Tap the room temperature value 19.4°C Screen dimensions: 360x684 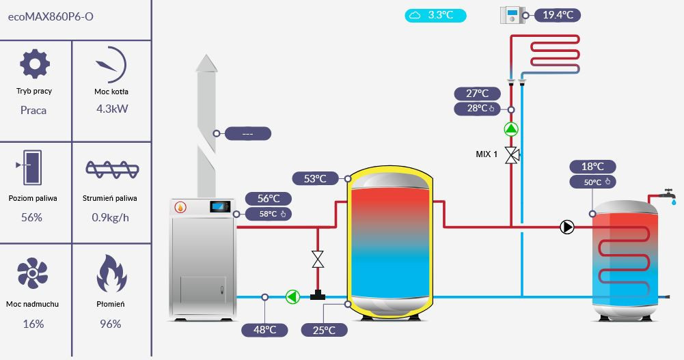coord(558,15)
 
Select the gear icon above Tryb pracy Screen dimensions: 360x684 coord(34,64)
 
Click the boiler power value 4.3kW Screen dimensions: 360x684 coord(112,108)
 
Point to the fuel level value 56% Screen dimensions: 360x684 coord(32,217)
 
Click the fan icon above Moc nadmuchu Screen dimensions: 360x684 coord(32,273)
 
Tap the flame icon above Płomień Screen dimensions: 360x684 coord(111,273)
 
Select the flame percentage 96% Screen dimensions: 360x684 coord(110,324)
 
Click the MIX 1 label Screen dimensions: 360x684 coord(487,154)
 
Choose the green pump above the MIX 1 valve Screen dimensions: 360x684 coord(511,129)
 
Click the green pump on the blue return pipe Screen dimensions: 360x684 coord(292,296)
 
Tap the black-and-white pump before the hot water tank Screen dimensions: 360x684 coord(567,227)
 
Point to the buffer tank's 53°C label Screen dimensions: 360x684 coord(315,179)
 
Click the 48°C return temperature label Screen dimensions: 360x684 coord(264,331)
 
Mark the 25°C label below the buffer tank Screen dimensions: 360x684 coord(324,331)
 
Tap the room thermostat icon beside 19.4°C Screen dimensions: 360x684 coord(511,15)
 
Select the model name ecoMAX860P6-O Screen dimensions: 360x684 coord(51,16)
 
